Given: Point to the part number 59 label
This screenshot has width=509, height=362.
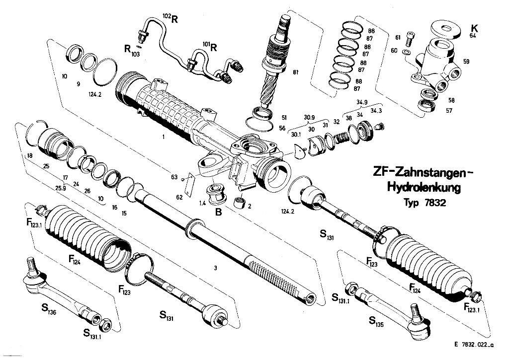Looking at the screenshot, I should [x=466, y=63].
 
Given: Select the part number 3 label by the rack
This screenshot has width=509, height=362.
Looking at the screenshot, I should [x=215, y=268].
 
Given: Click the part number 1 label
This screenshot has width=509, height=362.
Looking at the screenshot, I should [x=163, y=136].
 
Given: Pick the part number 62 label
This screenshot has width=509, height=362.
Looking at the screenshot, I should [x=179, y=197].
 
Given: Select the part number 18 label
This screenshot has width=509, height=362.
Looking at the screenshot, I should [x=30, y=156].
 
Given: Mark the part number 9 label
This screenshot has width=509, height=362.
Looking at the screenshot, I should [x=78, y=84].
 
